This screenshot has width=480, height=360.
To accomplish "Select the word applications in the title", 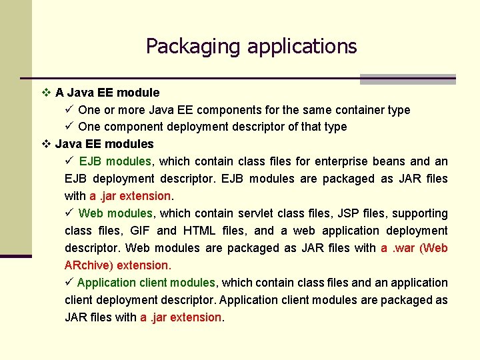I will [x=302, y=47].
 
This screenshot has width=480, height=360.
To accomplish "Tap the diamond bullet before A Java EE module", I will [x=46, y=93].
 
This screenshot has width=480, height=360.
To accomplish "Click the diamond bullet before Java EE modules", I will [x=46, y=144].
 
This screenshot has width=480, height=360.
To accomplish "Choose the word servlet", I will [x=256, y=213].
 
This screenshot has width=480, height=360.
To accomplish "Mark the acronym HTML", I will [x=199, y=231].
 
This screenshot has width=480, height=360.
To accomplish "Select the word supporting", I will [x=420, y=213].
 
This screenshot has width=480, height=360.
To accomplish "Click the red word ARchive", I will [x=87, y=265].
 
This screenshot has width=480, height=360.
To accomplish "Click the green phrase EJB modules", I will [x=115, y=161].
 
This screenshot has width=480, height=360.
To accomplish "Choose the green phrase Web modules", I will [x=115, y=213].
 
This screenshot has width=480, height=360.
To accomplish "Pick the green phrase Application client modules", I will [x=146, y=283].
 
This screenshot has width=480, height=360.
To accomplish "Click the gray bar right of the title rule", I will [x=407, y=79].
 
